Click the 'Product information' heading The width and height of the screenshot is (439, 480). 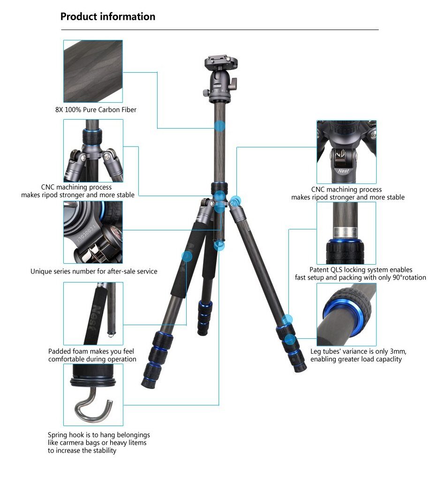tap(108, 16)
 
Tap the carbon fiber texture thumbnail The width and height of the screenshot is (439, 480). tap(93, 71)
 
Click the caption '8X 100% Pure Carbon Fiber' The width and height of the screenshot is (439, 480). tap(96, 110)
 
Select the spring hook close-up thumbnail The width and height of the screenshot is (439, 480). tap(93, 395)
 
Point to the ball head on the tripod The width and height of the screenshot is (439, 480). tap(220, 83)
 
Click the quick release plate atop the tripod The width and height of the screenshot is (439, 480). tap(221, 62)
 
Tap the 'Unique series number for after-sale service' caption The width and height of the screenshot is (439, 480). tap(94, 271)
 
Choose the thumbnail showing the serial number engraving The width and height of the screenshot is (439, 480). tap(93, 232)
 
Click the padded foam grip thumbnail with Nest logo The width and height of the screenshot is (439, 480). tap(93, 313)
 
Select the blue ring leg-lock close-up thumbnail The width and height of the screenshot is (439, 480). tap(346, 314)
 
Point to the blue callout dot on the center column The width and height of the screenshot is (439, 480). tap(219, 126)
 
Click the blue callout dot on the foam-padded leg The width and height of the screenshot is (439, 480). tap(187, 257)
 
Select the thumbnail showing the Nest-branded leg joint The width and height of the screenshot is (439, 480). tap(346, 152)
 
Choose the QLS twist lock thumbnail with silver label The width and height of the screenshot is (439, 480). tap(346, 233)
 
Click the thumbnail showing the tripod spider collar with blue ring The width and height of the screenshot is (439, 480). tap(93, 151)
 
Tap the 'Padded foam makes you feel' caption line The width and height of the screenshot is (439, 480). tap(91, 351)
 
